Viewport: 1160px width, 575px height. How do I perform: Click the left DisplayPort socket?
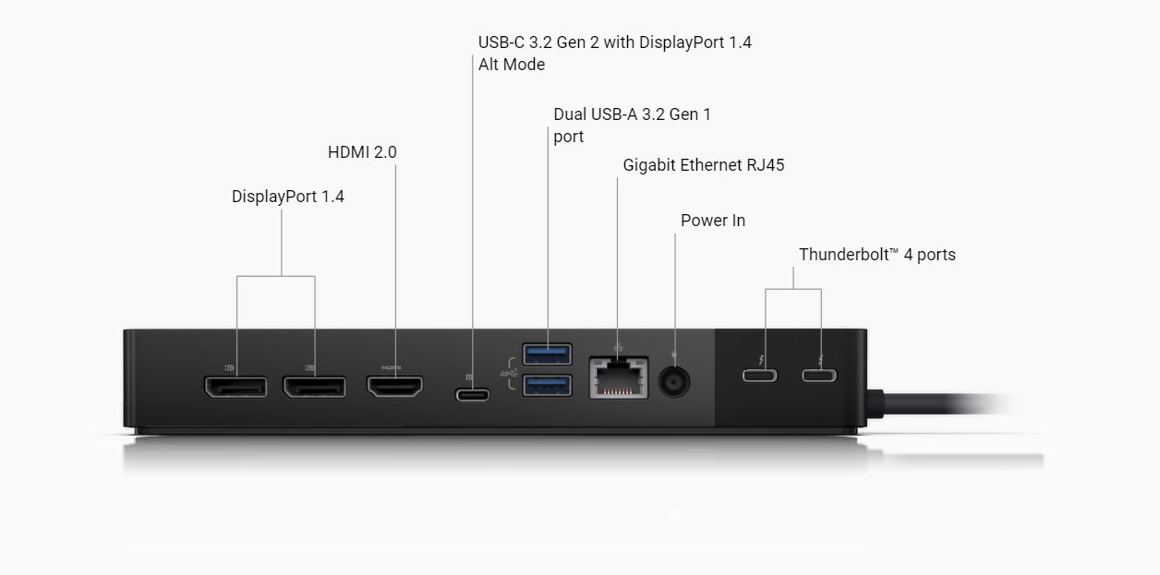pyautogui.click(x=236, y=387)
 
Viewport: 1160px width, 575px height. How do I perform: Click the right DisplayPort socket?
pyautogui.click(x=314, y=387)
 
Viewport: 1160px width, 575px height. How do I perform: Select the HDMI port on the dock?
pyautogui.click(x=394, y=386)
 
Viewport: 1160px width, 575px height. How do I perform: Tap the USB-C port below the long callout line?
pyautogui.click(x=472, y=395)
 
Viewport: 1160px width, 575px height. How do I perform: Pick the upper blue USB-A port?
pyautogui.click(x=548, y=354)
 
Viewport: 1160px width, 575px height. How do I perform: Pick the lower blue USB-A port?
pyautogui.click(x=548, y=386)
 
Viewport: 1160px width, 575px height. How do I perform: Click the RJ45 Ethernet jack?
pyautogui.click(x=619, y=377)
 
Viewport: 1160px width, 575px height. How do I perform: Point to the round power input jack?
pyautogui.click(x=673, y=382)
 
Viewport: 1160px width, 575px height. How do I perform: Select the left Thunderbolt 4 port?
pyautogui.click(x=760, y=376)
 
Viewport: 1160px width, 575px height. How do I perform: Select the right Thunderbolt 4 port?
pyautogui.click(x=819, y=376)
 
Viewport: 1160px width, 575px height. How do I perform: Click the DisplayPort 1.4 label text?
pyautogui.click(x=288, y=198)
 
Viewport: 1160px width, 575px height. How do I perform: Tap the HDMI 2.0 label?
pyautogui.click(x=362, y=152)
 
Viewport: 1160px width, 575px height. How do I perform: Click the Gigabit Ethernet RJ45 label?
pyautogui.click(x=703, y=165)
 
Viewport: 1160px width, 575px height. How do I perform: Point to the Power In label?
pyautogui.click(x=713, y=221)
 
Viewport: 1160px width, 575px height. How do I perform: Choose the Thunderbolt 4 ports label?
pyautogui.click(x=877, y=255)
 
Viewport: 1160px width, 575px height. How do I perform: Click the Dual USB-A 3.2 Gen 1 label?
pyautogui.click(x=633, y=126)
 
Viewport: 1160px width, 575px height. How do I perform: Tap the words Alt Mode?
pyautogui.click(x=512, y=65)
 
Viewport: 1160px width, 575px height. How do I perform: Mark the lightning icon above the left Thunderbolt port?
pyautogui.click(x=761, y=360)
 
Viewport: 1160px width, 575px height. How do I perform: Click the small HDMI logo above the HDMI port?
pyautogui.click(x=391, y=367)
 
